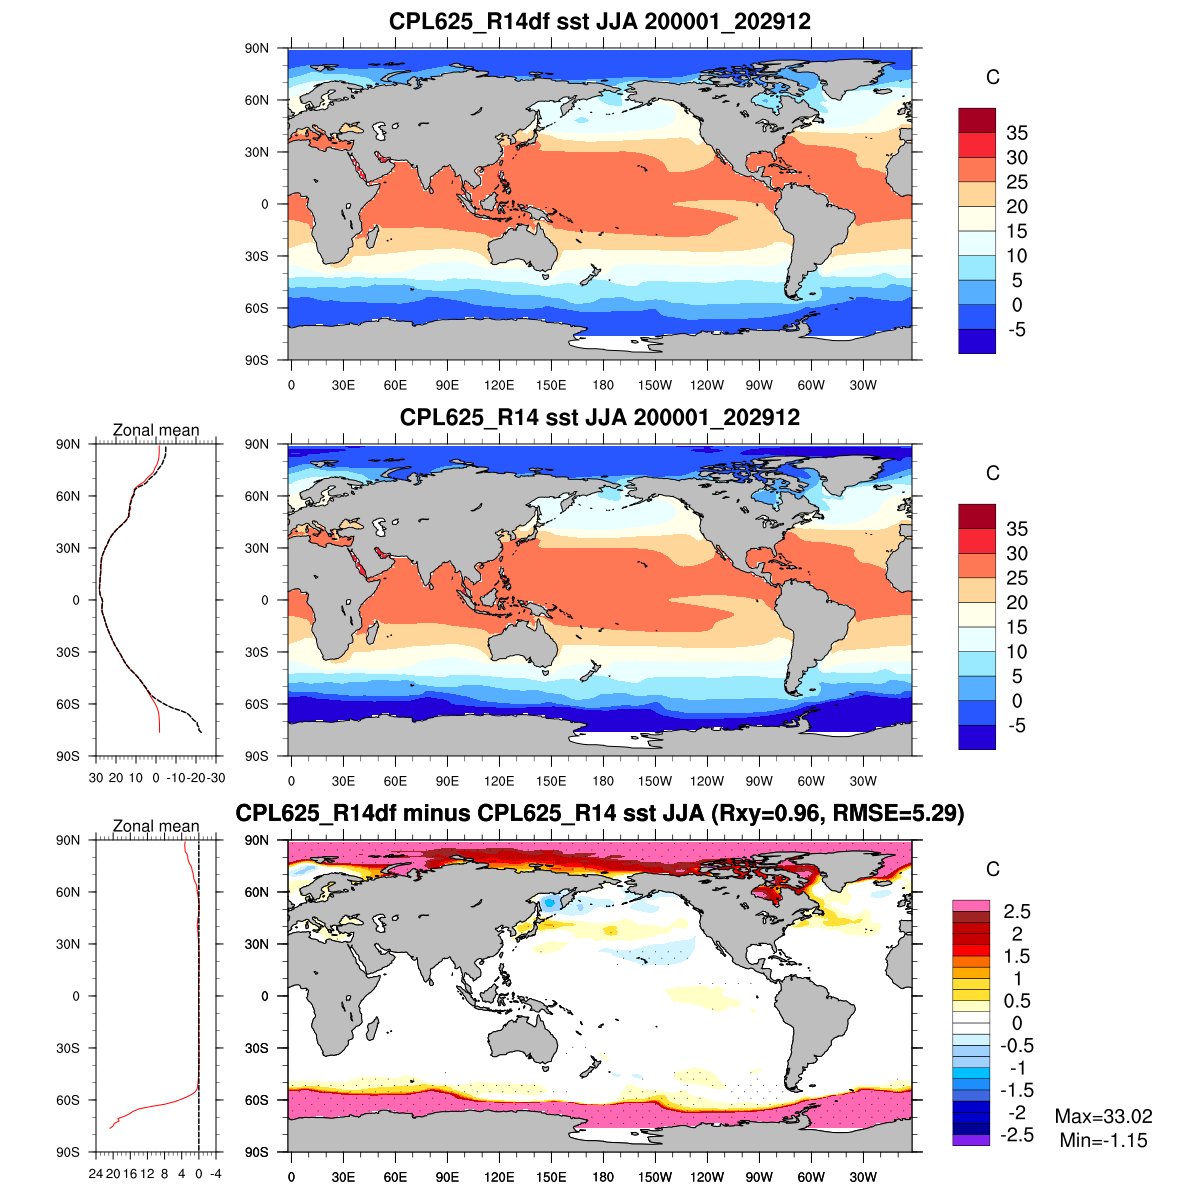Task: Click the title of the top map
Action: pos(600,22)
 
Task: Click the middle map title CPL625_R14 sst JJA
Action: pos(600,417)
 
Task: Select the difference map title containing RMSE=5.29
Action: pos(600,813)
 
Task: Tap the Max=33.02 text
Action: pos(1103,1116)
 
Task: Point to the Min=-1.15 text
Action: pos(1103,1140)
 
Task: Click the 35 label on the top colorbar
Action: pos(1017,133)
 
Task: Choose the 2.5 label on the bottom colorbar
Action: pos(1017,911)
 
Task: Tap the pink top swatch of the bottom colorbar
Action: pos(970,905)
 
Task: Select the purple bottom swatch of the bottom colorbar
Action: pos(970,1140)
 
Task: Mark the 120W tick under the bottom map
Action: pos(707,1178)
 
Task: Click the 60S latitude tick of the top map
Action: pos(258,308)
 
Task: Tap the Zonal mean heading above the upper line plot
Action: pos(156,430)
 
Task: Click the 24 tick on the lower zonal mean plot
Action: pos(96,1174)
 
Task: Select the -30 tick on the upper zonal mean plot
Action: pos(216,778)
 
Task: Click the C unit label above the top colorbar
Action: pos(992,78)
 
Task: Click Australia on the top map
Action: pos(524,245)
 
